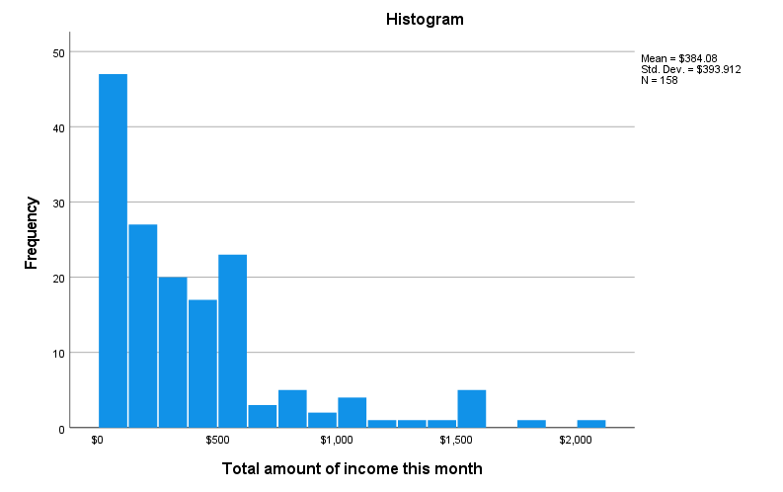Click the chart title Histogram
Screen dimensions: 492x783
411,19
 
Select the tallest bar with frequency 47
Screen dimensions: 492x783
113,251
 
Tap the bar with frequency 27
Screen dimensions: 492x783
142,326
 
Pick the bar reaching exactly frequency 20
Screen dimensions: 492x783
173,353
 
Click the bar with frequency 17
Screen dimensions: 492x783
202,364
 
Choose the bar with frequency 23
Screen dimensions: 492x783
232,341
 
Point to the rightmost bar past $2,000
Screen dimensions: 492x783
591,424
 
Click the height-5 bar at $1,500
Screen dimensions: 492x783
471,409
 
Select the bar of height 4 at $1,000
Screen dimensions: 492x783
352,413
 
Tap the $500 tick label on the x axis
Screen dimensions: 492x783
217,439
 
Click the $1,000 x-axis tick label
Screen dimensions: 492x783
337,439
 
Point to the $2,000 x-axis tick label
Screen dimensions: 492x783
576,439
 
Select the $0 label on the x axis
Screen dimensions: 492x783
98,439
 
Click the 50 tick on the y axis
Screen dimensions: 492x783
59,52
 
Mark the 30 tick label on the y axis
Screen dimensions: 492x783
59,203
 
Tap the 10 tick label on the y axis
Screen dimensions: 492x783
59,353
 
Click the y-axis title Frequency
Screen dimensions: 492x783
32,232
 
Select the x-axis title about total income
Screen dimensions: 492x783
352,468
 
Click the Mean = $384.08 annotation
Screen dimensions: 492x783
678,58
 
